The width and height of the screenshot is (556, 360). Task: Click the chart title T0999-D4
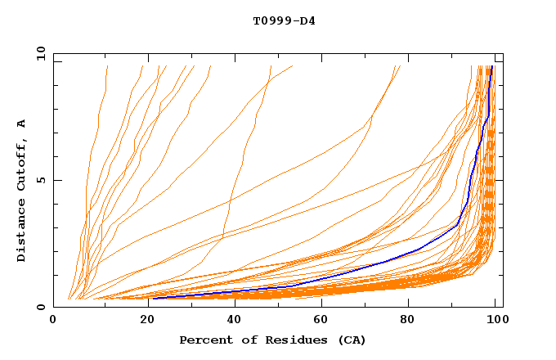[x=284, y=21]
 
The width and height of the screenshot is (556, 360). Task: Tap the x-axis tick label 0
[x=53, y=322]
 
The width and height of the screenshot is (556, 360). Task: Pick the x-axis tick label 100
[x=495, y=322]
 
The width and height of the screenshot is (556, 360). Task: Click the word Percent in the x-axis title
[x=205, y=340]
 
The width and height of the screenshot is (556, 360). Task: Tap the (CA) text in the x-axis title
[x=349, y=340]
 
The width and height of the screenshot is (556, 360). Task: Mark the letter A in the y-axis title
[x=22, y=124]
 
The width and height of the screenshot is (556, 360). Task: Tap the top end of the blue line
[x=491, y=66]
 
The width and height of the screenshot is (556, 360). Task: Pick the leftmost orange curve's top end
[x=107, y=66]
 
